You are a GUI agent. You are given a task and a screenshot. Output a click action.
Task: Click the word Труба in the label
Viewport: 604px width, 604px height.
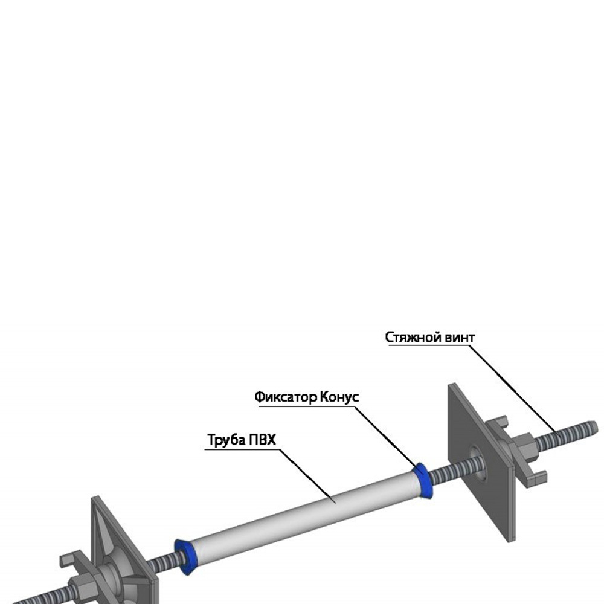[225, 440]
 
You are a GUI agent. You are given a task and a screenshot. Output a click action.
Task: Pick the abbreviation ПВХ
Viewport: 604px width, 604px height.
[262, 440]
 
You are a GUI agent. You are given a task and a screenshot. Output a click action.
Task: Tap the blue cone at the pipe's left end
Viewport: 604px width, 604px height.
[184, 555]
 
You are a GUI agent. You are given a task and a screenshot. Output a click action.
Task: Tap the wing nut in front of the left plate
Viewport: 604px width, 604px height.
[79, 580]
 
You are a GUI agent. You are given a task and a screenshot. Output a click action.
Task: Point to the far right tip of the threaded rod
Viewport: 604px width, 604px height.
[593, 426]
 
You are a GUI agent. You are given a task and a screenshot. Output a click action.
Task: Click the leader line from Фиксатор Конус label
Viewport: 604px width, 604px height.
[387, 435]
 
